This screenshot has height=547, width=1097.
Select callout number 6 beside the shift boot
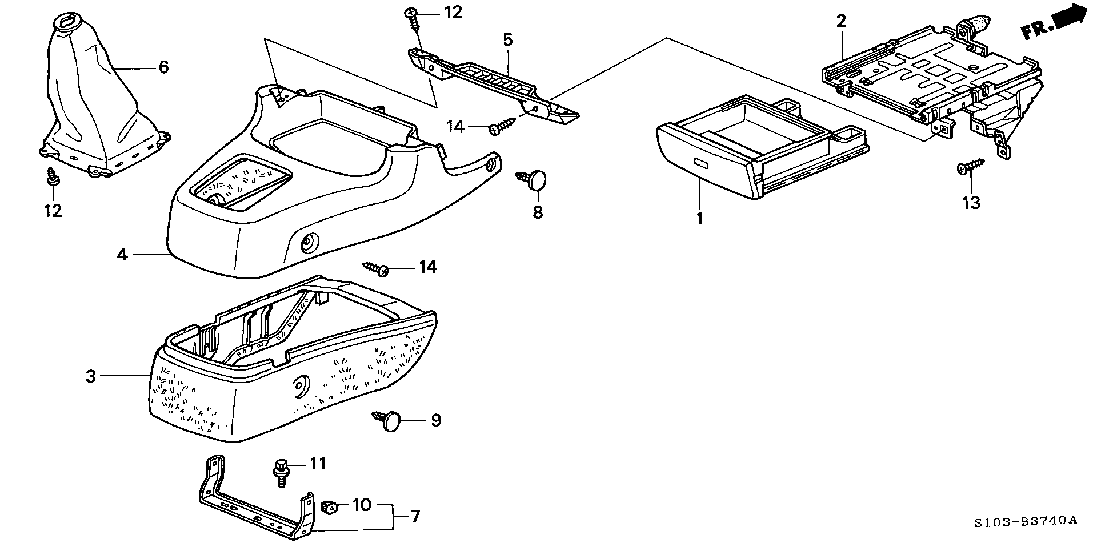[163, 67]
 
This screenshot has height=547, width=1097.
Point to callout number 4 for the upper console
[122, 254]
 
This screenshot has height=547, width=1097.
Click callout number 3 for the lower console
[90, 376]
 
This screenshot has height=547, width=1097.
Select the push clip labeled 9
[388, 422]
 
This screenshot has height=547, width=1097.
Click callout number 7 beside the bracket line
[415, 517]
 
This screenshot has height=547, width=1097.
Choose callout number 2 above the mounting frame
[841, 22]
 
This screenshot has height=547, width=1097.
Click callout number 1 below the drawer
[699, 218]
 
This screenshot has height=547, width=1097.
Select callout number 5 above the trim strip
[507, 40]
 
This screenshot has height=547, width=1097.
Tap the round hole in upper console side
[309, 243]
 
